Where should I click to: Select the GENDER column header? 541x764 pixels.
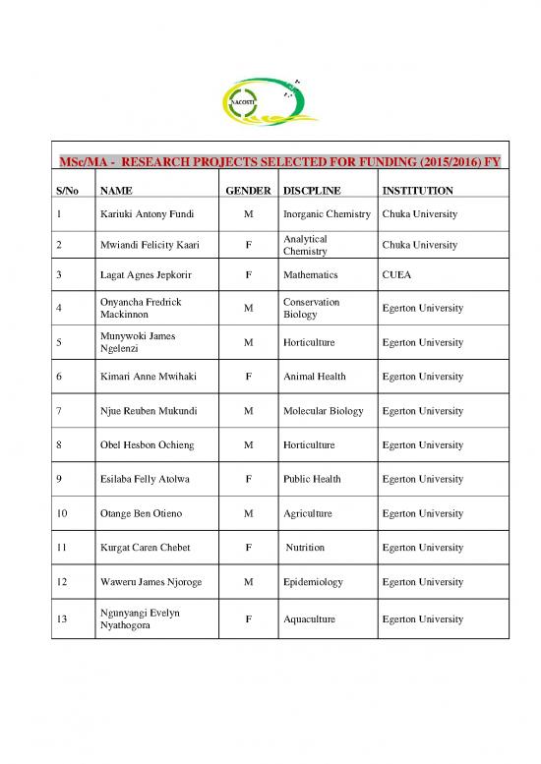pyautogui.click(x=249, y=190)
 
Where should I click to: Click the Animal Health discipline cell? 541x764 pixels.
pyautogui.click(x=315, y=377)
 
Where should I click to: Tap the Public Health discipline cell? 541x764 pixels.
pyautogui.click(x=312, y=479)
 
